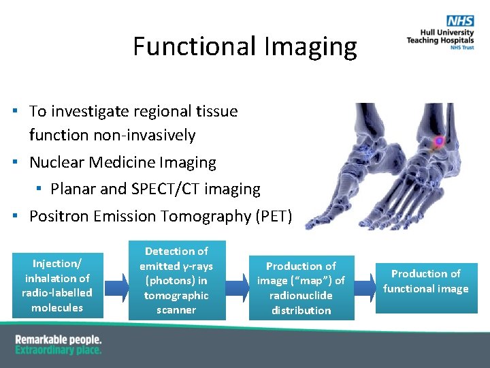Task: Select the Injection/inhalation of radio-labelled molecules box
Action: [58, 286]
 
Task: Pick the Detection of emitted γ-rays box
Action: [176, 281]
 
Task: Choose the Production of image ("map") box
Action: [301, 288]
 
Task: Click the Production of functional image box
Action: [426, 281]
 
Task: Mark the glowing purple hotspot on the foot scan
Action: [439, 141]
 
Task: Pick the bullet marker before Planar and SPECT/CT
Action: [40, 189]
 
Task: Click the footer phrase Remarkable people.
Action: [58, 339]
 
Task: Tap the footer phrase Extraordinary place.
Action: [58, 350]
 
